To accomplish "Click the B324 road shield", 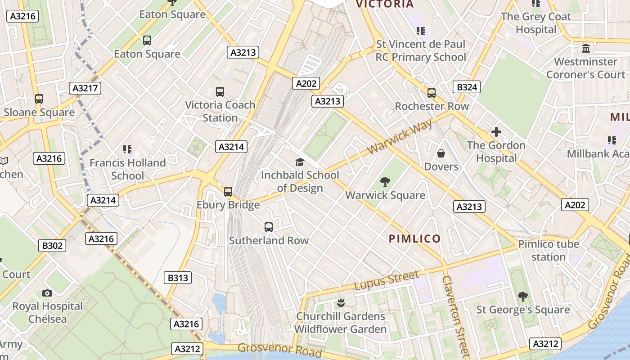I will pyautogui.click(x=467, y=87).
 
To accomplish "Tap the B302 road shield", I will pyautogui.click(x=53, y=246).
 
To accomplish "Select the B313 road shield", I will pyautogui.click(x=178, y=278).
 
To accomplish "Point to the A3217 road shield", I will pyautogui.click(x=85, y=88).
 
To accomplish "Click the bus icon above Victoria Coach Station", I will pyautogui.click(x=220, y=92).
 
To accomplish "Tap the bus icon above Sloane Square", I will pyautogui.click(x=39, y=99).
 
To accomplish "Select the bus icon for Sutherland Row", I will pyautogui.click(x=269, y=227).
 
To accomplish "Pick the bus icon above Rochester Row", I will pyautogui.click(x=432, y=93).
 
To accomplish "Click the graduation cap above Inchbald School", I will pyautogui.click(x=300, y=162).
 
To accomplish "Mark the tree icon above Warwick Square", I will pyautogui.click(x=385, y=182).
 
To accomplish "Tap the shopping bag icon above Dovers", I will pyautogui.click(x=441, y=153).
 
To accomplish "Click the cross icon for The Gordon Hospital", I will pyautogui.click(x=496, y=132).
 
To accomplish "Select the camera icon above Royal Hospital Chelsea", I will pyautogui.click(x=47, y=293).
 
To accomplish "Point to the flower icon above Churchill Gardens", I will pyautogui.click(x=341, y=302).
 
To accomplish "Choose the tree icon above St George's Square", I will pyautogui.click(x=522, y=297).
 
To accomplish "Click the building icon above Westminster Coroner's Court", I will pyautogui.click(x=586, y=48).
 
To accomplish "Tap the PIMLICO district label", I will pyautogui.click(x=414, y=238).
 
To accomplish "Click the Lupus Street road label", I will pyautogui.click(x=387, y=280).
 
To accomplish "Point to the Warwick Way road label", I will pyautogui.click(x=400, y=136).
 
